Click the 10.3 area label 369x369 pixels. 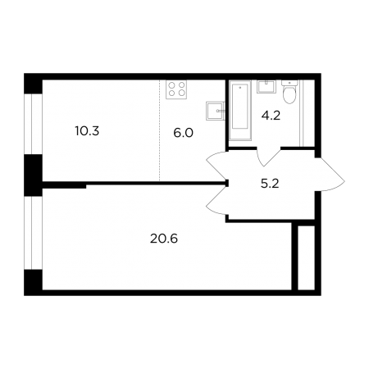coord(87,131)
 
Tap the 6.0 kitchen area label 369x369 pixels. coord(183,133)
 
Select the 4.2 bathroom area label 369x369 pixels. coord(271,116)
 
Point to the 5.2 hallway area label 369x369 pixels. coord(270,184)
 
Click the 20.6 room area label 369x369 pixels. coord(164,239)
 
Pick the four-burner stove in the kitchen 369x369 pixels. coord(176,89)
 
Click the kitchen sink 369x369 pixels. coord(216,111)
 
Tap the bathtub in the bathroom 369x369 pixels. coord(240,110)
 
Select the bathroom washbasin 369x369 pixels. coord(266,87)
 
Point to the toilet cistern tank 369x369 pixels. coord(289,83)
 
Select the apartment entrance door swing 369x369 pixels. coord(330,175)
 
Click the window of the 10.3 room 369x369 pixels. coord(33,124)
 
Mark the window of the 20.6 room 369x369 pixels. coord(33,233)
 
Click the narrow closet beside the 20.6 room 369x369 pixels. coord(306,257)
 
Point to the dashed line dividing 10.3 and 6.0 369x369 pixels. coord(159,130)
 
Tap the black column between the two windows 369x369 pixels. coord(33,175)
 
